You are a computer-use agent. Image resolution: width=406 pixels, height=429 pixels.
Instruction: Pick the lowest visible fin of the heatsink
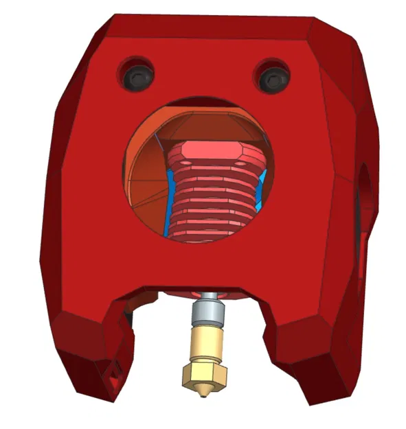(x=210, y=234)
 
